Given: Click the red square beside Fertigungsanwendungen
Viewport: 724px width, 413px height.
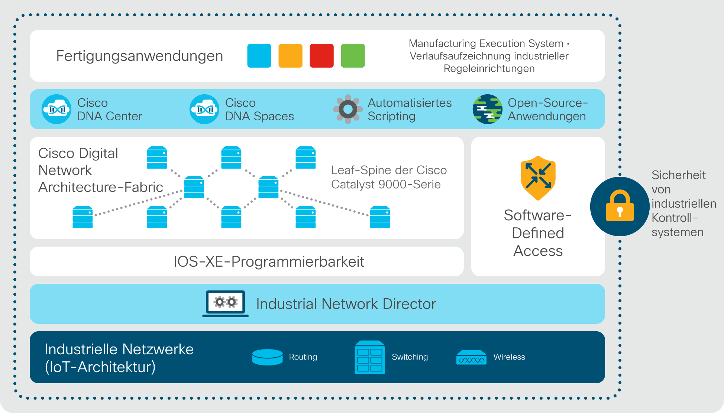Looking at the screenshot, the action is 321,56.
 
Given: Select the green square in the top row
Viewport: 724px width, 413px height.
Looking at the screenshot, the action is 353,56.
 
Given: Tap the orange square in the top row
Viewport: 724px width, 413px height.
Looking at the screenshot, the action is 290,56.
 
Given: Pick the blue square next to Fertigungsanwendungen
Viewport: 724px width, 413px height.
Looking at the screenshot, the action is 259,56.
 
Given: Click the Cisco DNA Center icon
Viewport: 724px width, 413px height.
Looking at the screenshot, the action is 56,109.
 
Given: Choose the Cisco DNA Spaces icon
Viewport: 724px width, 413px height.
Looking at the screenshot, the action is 204,109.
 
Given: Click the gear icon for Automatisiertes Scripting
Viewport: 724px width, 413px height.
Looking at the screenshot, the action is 348,109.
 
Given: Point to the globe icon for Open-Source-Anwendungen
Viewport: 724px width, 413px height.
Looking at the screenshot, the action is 488,109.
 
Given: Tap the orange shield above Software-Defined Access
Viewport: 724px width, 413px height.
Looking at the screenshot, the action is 538,178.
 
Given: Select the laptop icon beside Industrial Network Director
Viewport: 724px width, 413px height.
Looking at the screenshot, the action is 225,304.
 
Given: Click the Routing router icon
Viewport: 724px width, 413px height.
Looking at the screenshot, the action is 268,357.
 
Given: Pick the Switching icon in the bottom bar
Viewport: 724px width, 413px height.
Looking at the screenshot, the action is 370,357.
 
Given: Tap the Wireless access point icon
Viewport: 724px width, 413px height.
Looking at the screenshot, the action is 471,357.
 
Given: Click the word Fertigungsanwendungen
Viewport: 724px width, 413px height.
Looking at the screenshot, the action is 139,56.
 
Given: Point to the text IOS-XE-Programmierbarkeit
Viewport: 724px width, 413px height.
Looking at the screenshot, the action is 269,261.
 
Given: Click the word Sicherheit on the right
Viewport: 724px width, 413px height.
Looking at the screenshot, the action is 678,175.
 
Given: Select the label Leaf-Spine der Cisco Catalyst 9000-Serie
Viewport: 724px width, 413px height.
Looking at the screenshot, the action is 389,177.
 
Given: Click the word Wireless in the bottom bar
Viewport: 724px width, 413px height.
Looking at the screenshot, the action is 509,357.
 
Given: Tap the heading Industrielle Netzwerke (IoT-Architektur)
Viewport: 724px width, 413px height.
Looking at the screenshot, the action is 119,358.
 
